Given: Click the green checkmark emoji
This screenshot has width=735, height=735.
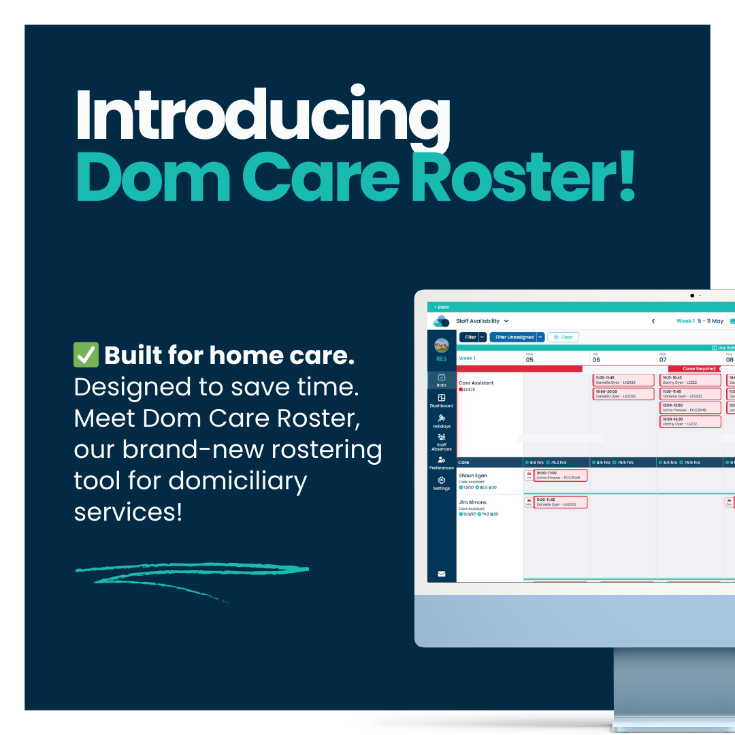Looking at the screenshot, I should tap(86, 355).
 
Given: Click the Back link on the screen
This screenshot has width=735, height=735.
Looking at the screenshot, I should tap(442, 308).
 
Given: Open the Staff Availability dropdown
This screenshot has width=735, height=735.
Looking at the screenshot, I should tap(482, 321).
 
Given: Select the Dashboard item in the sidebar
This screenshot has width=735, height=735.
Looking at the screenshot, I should tap(441, 401).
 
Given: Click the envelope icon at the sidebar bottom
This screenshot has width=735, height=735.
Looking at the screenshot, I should tap(441, 574).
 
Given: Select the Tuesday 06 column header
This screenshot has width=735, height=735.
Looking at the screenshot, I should tap(596, 358).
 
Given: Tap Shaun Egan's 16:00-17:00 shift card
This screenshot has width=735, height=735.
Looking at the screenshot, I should tap(560, 475).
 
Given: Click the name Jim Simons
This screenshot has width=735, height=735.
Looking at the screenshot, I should tap(472, 502).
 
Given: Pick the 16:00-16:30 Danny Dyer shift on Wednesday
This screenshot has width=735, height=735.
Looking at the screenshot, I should tap(690, 421).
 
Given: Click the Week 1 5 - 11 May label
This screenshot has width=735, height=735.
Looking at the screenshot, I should tap(700, 321).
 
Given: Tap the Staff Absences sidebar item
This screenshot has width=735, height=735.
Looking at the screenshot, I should tap(441, 442).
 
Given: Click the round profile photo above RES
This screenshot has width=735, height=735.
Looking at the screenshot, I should tap(442, 345).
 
